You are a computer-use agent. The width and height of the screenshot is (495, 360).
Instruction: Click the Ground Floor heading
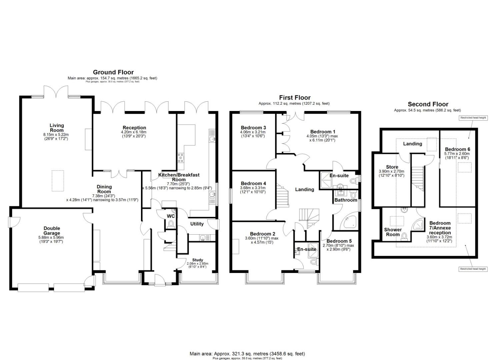113,72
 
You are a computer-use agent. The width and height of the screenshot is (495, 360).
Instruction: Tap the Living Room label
57,128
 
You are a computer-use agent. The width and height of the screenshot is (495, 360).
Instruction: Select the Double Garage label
52,231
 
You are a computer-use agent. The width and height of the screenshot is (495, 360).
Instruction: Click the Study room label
197,260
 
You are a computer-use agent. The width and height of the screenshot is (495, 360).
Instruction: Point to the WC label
171,216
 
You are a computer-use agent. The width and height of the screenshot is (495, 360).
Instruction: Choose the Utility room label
197,224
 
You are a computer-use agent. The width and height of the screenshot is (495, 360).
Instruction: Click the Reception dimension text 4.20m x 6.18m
134,132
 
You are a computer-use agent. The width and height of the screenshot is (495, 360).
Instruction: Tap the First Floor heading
295,98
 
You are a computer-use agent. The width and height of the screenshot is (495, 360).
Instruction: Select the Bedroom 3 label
253,128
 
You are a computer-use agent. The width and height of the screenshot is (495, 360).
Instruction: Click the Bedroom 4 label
253,183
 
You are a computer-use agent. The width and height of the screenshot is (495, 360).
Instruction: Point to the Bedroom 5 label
339,241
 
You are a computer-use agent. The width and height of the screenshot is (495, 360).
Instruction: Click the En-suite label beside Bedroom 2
306,249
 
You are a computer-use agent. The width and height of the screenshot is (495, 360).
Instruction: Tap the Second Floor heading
428,104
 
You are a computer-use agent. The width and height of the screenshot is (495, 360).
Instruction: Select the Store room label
392,167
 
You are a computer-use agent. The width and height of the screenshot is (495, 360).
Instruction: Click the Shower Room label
393,232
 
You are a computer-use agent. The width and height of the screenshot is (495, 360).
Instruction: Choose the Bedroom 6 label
457,149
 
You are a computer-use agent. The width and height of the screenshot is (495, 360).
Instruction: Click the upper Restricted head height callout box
473,118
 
